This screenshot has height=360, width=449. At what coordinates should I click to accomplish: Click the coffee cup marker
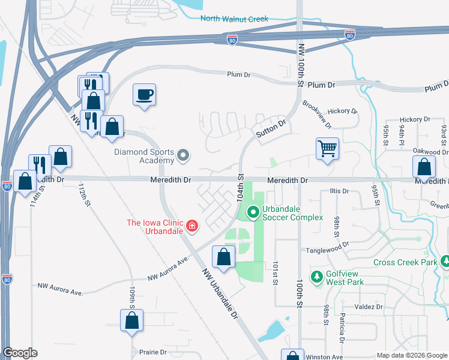point(144,94)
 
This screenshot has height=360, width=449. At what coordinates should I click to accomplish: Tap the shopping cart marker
point(327,147)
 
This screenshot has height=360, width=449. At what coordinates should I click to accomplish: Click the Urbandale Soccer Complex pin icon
point(253,211)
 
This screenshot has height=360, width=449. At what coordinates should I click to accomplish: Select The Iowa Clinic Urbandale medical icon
point(191,226)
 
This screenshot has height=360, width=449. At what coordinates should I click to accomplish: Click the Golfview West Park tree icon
point(316,277)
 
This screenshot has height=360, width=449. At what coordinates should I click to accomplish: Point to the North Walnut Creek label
point(235,19)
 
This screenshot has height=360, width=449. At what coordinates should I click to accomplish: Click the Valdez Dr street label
point(368,307)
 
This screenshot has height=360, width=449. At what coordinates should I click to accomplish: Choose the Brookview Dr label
point(317,114)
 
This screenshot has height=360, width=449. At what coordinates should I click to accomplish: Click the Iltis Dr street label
point(339,191)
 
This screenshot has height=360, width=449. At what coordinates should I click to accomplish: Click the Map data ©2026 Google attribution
point(411,355)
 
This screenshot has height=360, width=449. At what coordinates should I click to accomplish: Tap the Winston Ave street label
point(325,356)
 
